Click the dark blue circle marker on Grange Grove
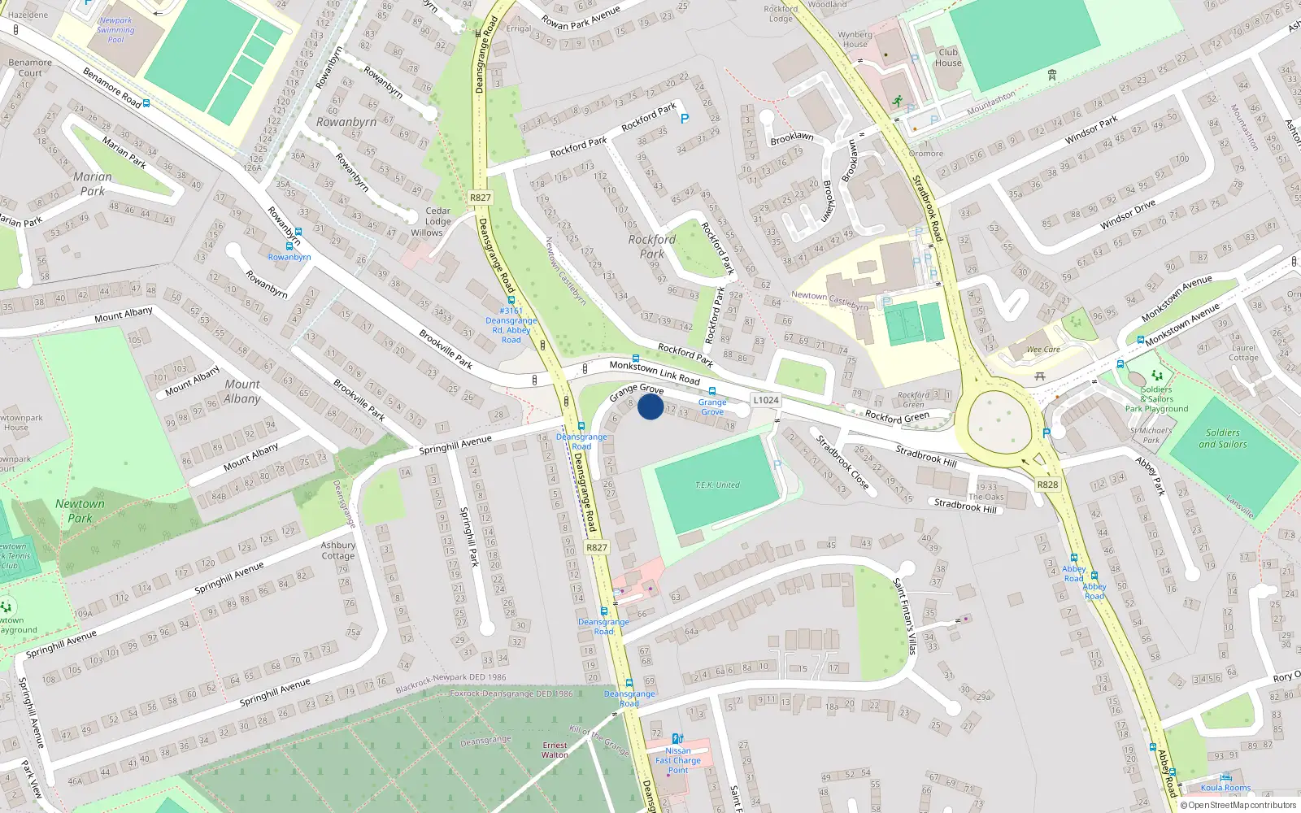pyautogui.click(x=650, y=406)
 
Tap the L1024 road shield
pyautogui.click(x=765, y=400)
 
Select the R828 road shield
pyautogui.click(x=1047, y=485)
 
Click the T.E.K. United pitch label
pyautogui.click(x=717, y=485)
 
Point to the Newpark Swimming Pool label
pyautogui.click(x=115, y=30)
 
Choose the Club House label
pyautogui.click(x=948, y=58)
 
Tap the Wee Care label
pyautogui.click(x=1043, y=350)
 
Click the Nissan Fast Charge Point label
pyautogui.click(x=678, y=760)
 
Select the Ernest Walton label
pyautogui.click(x=555, y=750)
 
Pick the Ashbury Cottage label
pyautogui.click(x=338, y=550)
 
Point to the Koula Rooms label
pyautogui.click(x=1225, y=787)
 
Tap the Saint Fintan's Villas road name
pyautogui.click(x=905, y=615)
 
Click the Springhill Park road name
pyautogui.click(x=470, y=537)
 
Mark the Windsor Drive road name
pyautogui.click(x=1127, y=215)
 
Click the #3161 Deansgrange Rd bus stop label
pyautogui.click(x=511, y=325)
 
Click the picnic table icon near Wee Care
pyautogui.click(x=1040, y=376)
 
